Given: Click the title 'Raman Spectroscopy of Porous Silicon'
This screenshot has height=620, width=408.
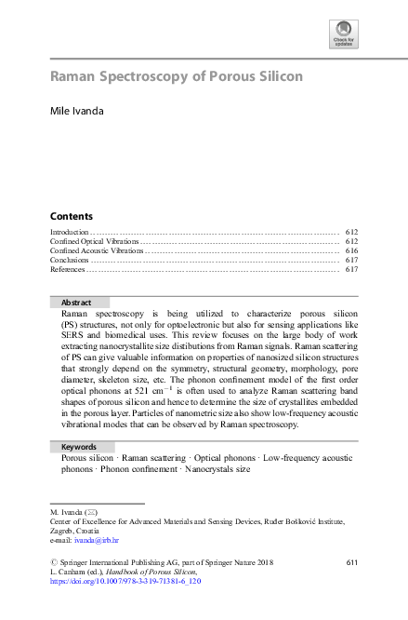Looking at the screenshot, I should pyautogui.click(x=176, y=76).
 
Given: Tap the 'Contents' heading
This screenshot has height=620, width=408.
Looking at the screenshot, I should pyautogui.click(x=71, y=215).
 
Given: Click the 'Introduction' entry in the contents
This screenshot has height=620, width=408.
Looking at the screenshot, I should pyautogui.click(x=69, y=231).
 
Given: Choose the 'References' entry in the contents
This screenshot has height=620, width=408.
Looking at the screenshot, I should pyautogui.click(x=67, y=270).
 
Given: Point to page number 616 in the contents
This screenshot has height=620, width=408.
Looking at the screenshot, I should pyautogui.click(x=351, y=250).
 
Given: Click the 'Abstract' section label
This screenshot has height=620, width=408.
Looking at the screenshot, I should pyautogui.click(x=76, y=303).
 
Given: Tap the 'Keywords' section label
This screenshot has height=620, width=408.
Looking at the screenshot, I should pyautogui.click(x=79, y=447).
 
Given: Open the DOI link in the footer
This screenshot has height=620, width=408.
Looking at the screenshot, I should pyautogui.click(x=125, y=581).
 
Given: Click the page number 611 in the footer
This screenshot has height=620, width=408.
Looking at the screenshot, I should pyautogui.click(x=351, y=562).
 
